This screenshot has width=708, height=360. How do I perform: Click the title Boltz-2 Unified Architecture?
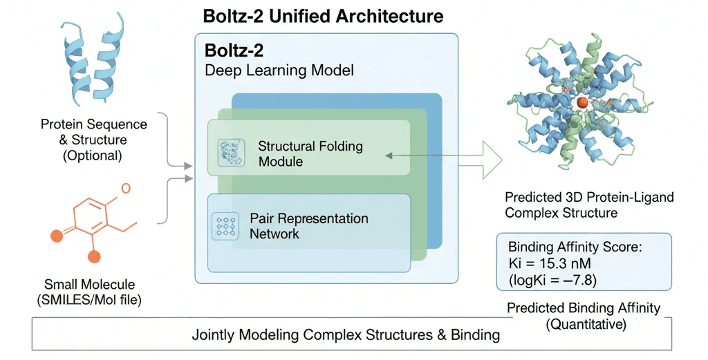pos(324,15)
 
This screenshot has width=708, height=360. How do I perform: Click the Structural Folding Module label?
pos(310,153)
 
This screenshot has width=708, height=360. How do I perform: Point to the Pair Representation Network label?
pos(309,226)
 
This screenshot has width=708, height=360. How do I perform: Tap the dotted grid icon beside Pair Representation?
pos(225,226)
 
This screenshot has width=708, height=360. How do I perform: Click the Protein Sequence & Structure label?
pos(93,140)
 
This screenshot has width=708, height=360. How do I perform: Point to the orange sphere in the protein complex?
pos(583,102)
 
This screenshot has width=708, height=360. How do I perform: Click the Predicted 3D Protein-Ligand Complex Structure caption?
pos(589,205)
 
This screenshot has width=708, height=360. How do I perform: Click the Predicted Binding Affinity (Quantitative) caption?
pos(583,315)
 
